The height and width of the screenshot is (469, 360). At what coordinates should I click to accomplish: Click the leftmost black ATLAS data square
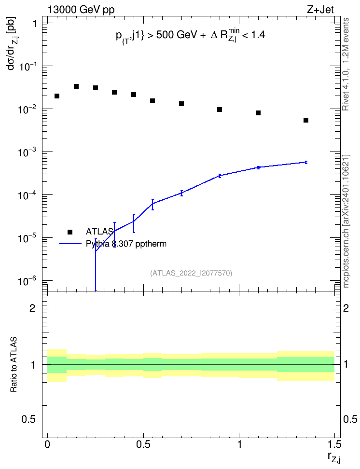(x=57, y=96)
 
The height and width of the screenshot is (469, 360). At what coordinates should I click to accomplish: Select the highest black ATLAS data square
(x=76, y=86)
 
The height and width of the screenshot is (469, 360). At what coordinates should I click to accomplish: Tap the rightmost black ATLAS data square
(x=306, y=120)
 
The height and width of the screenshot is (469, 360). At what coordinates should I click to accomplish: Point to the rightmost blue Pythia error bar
(x=306, y=162)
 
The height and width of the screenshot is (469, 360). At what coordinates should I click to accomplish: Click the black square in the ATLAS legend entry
(x=70, y=232)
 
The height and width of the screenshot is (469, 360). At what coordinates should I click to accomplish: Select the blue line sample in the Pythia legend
(x=70, y=244)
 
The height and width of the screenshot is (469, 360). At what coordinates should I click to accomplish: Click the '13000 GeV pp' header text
(x=81, y=10)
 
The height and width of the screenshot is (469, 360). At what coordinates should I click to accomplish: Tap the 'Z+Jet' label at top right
(x=320, y=10)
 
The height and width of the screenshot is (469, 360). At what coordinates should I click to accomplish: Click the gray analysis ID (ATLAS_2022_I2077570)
(x=191, y=273)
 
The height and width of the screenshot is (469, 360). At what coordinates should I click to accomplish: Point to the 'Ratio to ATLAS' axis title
(x=14, y=364)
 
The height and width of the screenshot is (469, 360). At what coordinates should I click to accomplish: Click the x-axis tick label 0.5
(x=143, y=444)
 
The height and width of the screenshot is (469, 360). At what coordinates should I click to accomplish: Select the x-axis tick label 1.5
(x=334, y=444)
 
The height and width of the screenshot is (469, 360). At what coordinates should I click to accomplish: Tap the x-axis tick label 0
(x=47, y=444)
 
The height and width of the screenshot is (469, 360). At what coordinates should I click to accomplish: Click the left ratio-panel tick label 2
(x=32, y=308)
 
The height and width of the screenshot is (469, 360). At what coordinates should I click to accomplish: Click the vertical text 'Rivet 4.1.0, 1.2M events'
(x=346, y=64)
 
